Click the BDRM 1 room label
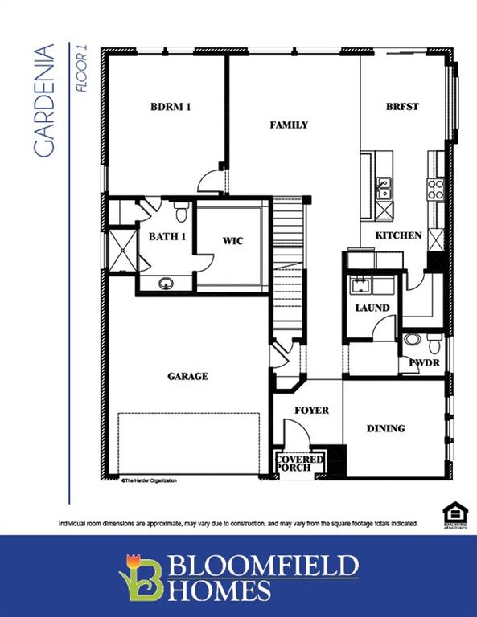pyautogui.click(x=171, y=107)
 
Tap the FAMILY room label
pyautogui.click(x=289, y=125)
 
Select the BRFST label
pyautogui.click(x=402, y=107)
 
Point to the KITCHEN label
pyautogui.click(x=397, y=235)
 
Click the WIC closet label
pyautogui.click(x=232, y=240)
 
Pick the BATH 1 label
pyautogui.click(x=167, y=236)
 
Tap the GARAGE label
pyautogui.click(x=187, y=376)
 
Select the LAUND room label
pyautogui.click(x=372, y=308)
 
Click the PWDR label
pyautogui.click(x=424, y=362)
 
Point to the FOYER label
pyautogui.click(x=311, y=410)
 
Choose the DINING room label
pyautogui.click(x=385, y=428)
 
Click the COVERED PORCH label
pyautogui.click(x=300, y=463)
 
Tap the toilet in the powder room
pyautogui.click(x=434, y=343)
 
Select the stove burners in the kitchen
pyautogui.click(x=436, y=189)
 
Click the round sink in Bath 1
pyautogui.click(x=167, y=283)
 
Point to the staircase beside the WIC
pyautogui.click(x=290, y=265)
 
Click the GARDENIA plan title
pyautogui.click(x=45, y=100)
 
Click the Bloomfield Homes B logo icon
pyautogui.click(x=141, y=575)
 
